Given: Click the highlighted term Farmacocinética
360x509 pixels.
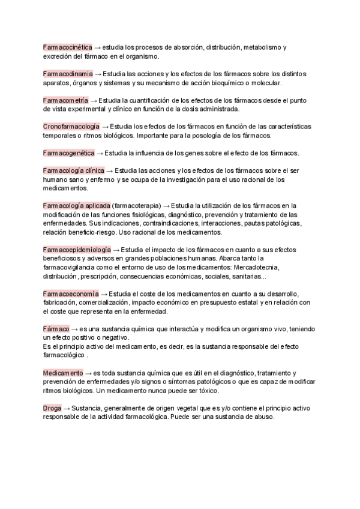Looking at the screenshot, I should point(67,47).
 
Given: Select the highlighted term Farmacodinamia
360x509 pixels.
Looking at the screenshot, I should point(68,73).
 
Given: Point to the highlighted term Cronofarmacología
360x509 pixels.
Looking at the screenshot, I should point(71,126).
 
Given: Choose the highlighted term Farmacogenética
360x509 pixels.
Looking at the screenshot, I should point(68,152).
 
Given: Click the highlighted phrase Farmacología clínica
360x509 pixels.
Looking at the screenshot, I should point(74,170).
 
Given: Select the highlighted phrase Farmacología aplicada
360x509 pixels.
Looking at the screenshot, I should point(76,206).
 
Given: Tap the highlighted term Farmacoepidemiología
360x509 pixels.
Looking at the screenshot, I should point(77,249).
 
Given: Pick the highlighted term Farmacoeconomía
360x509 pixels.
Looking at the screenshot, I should point(70,294).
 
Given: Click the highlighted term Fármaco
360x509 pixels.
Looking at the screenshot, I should point(56,329).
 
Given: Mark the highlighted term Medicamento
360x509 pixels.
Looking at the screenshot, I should point(63,373).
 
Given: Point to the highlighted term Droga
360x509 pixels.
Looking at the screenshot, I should point(52,408).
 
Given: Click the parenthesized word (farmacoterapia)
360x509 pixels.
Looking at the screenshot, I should point(136,206).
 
